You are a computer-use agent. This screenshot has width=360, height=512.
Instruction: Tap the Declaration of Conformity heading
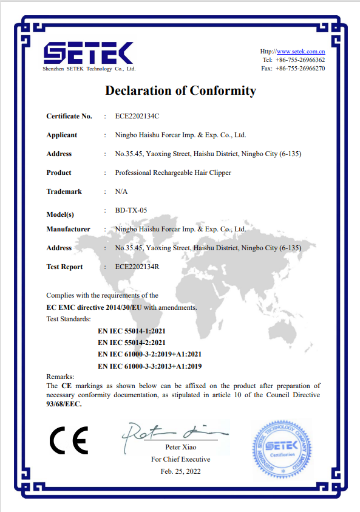tap(180, 91)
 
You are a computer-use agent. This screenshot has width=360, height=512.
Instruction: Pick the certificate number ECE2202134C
tap(137, 116)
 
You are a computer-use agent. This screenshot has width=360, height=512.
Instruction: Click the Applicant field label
tap(62, 135)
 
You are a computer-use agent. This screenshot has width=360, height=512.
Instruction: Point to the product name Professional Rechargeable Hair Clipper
tap(173, 172)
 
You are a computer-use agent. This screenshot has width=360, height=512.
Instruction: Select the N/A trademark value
tap(121, 191)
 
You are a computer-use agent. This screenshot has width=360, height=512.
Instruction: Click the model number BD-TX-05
tap(131, 210)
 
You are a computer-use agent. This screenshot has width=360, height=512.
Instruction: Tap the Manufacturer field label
tap(68, 229)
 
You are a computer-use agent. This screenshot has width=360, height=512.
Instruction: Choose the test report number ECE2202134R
tap(137, 267)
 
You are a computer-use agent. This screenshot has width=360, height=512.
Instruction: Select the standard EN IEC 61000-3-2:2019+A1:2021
tap(149, 355)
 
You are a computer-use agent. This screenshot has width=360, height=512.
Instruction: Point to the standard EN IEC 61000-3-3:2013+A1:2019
tap(149, 366)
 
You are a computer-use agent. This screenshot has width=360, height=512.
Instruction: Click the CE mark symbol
tap(69, 441)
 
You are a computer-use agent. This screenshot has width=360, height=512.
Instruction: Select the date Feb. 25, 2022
tap(180, 471)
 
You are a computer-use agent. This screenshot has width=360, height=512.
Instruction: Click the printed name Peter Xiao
tap(180, 447)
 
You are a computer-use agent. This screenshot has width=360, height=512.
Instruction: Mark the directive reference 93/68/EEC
tap(64, 404)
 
